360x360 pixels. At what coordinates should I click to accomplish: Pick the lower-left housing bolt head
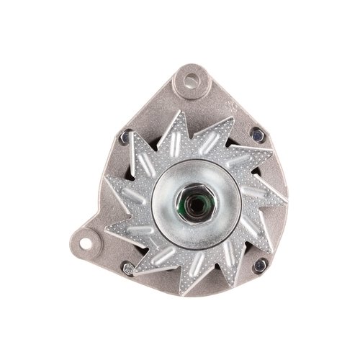coord(128,269)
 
